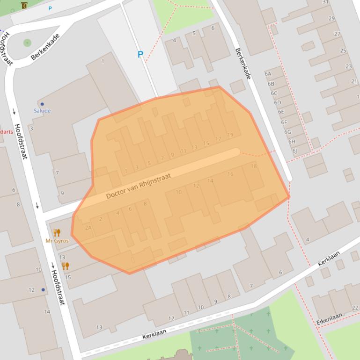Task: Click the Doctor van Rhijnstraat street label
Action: pos(138,186)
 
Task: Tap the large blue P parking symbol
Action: pos(140,55)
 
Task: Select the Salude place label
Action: pos(42,111)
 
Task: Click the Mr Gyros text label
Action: pos(57,241)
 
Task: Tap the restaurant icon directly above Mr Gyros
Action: pos(57,232)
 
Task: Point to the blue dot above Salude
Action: pos(42,104)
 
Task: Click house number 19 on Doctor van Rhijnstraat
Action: pos(230,135)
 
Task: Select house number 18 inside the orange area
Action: pos(254,166)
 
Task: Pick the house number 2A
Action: pos(88,228)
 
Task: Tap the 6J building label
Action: pos(294,151)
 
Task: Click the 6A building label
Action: pos(268,74)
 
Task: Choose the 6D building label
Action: pos(278,102)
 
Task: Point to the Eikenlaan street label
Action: pos(329,319)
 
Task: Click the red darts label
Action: pos(7,132)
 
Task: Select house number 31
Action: pos(325,2)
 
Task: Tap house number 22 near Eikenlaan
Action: pos(355,307)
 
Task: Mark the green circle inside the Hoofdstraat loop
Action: pos(27,43)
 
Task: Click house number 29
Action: pos(331,19)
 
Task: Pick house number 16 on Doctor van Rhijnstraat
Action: pos(230,174)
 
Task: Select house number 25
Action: pos(343,50)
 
